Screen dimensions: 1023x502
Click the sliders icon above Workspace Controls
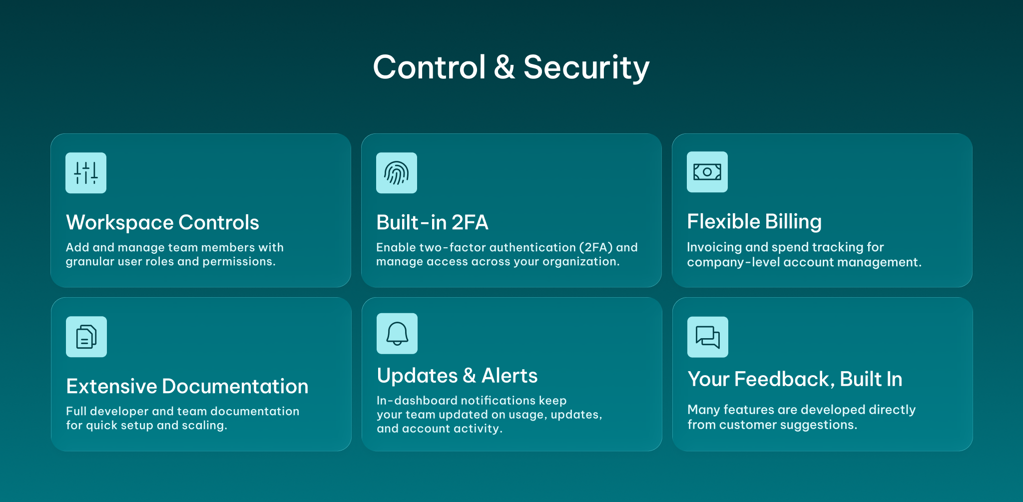pyautogui.click(x=86, y=173)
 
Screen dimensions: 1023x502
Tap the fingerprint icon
pyautogui.click(x=397, y=173)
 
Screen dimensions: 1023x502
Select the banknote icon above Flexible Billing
pyautogui.click(x=707, y=172)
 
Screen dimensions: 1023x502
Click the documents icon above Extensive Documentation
pyautogui.click(x=86, y=337)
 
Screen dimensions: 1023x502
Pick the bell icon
pyautogui.click(x=397, y=334)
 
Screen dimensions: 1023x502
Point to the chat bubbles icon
pyautogui.click(x=708, y=337)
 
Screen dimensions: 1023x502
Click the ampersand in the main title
pyautogui.click(x=505, y=67)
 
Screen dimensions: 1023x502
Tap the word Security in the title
pyautogui.click(x=586, y=68)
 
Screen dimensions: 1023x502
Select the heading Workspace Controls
pyautogui.click(x=162, y=223)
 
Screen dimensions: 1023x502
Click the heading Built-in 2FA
pyautogui.click(x=432, y=222)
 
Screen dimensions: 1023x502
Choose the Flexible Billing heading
pyautogui.click(x=754, y=222)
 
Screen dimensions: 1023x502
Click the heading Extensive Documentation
pyautogui.click(x=187, y=386)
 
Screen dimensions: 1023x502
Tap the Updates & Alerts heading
pyautogui.click(x=457, y=376)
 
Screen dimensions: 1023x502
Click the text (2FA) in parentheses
pyautogui.click(x=596, y=247)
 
